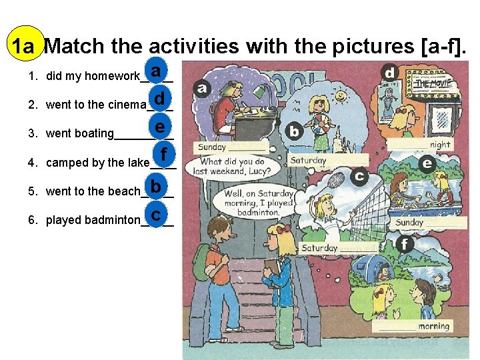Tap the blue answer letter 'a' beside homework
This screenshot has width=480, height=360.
(155, 71)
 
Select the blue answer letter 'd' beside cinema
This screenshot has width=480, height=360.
(159, 99)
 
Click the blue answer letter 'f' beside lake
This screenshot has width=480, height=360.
(164, 154)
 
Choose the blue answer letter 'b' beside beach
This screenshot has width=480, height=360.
(155, 186)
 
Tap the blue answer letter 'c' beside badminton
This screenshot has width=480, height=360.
(155, 215)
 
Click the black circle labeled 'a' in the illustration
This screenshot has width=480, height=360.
(202, 88)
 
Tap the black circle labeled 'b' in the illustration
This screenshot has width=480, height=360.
(294, 131)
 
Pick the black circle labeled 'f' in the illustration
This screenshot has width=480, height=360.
(405, 244)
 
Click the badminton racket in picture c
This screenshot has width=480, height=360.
(336, 179)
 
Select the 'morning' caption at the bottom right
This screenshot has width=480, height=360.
(433, 327)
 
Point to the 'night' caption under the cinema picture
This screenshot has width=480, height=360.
(440, 145)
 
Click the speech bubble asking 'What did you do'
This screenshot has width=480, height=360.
(233, 165)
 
